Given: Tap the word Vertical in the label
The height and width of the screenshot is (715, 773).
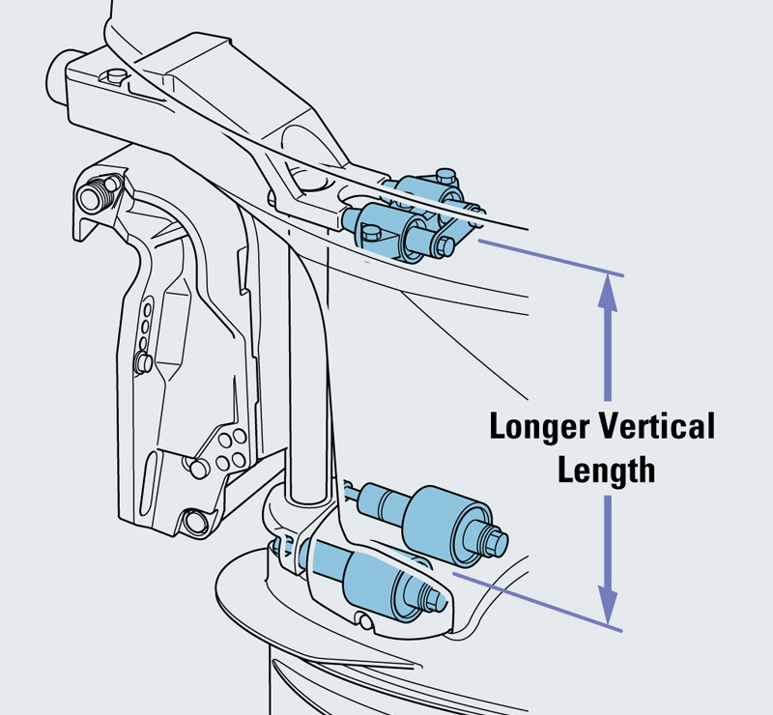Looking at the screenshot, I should (x=655, y=426).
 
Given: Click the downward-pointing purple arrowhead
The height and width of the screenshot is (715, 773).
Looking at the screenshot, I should (x=608, y=607).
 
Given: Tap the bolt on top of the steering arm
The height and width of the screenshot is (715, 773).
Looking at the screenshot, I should (x=117, y=76).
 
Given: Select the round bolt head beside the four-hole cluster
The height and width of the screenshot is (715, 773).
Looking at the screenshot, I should (x=198, y=469).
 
